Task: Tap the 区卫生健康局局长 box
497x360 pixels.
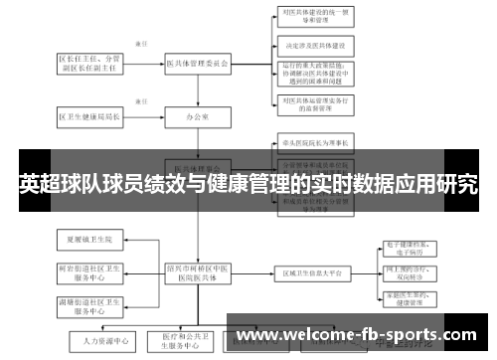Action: point(88,116)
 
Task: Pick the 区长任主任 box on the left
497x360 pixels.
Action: point(88,64)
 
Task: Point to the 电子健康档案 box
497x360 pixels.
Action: point(411,249)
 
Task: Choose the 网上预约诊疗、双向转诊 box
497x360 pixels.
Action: point(411,273)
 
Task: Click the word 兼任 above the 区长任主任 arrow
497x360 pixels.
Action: point(140,45)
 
